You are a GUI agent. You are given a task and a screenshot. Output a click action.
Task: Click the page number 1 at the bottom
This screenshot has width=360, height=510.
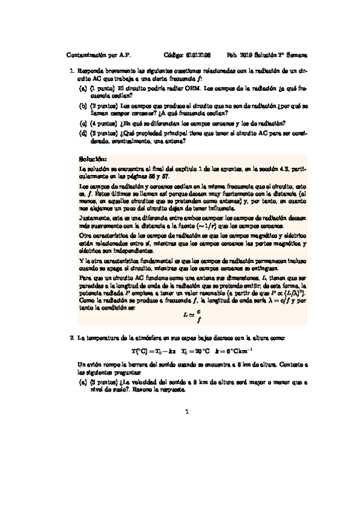tap(188, 412)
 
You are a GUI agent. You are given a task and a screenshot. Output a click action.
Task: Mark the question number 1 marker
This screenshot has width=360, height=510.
tap(72, 70)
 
